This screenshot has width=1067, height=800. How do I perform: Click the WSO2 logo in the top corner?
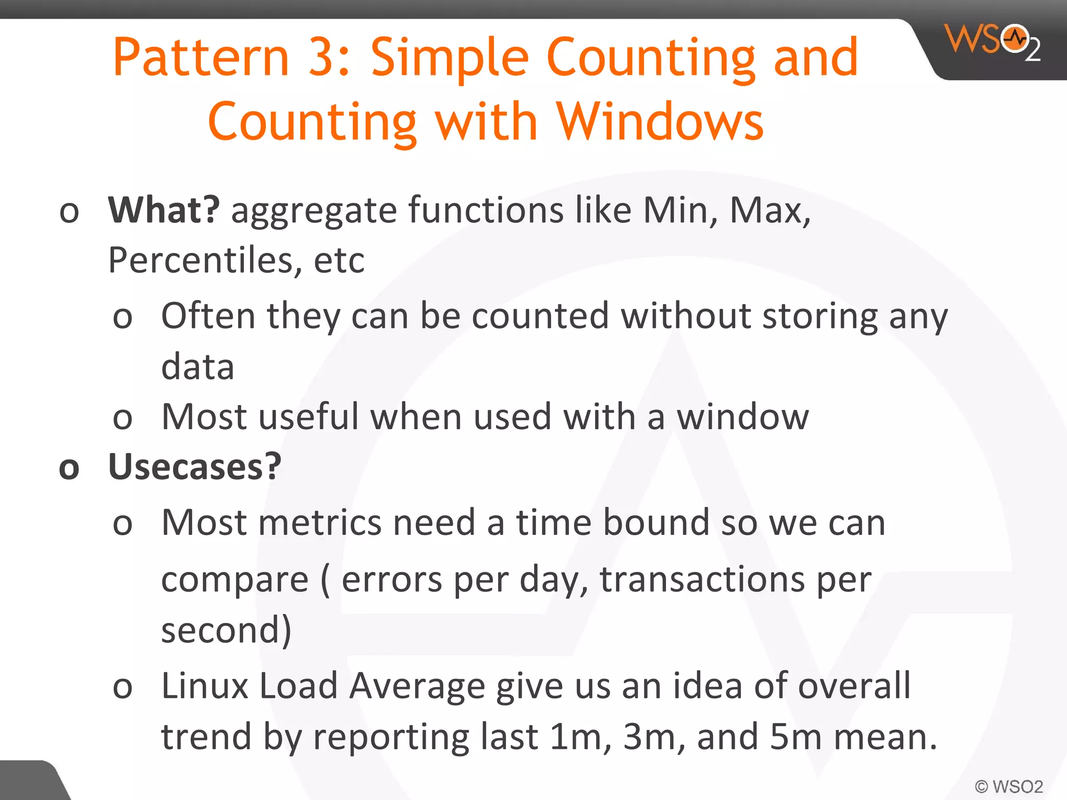pyautogui.click(x=992, y=42)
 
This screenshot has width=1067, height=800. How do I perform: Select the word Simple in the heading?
pyautogui.click(x=449, y=58)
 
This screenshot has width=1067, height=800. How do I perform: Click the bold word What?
pyautogui.click(x=164, y=210)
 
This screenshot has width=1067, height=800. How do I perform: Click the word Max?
pyautogui.click(x=770, y=210)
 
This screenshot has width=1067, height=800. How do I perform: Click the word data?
pyautogui.click(x=197, y=366)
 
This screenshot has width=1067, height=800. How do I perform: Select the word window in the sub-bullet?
pyautogui.click(x=742, y=417)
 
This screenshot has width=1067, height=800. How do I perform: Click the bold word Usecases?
pyautogui.click(x=194, y=467)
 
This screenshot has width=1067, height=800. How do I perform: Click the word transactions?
pyautogui.click(x=702, y=579)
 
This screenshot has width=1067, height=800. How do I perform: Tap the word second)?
pyautogui.click(x=226, y=630)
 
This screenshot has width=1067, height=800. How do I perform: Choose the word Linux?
pyautogui.click(x=205, y=686)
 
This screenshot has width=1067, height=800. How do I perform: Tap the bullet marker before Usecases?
pyautogui.click(x=69, y=468)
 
